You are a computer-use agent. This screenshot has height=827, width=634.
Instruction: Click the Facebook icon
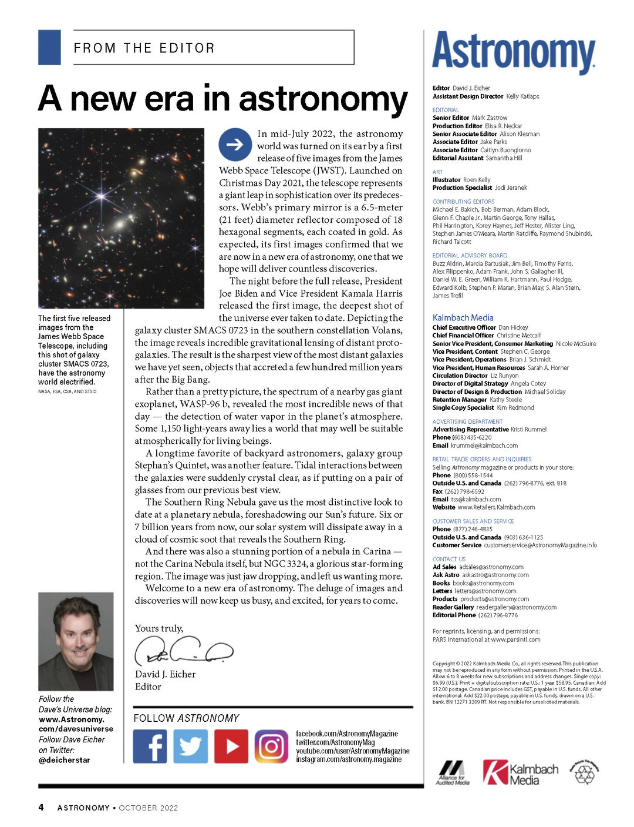click(150, 746)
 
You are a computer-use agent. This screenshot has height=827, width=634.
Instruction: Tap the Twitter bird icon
click(190, 746)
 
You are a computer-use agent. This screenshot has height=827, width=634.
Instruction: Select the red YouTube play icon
click(231, 746)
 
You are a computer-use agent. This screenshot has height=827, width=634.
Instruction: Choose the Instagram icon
click(271, 746)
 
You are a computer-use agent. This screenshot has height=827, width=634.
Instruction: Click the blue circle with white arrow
click(235, 145)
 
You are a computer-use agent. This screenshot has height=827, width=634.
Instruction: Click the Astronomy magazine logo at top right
click(514, 53)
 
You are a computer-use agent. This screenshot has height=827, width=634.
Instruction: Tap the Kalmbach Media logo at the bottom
click(520, 772)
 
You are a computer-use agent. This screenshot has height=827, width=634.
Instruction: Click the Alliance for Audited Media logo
click(453, 772)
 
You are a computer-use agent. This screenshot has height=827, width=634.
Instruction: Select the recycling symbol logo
click(584, 772)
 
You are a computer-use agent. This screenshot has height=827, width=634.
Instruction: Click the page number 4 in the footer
click(41, 807)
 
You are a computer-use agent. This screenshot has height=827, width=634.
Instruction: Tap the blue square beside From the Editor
click(49, 47)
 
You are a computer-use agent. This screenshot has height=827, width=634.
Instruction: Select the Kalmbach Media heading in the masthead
click(463, 317)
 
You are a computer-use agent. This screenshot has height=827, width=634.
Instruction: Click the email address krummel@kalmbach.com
click(484, 446)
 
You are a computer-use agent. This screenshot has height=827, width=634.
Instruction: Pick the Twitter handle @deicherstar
click(65, 760)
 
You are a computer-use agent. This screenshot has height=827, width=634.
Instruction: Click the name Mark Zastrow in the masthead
click(490, 118)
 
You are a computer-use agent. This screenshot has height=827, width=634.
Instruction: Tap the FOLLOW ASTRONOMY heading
click(187, 718)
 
